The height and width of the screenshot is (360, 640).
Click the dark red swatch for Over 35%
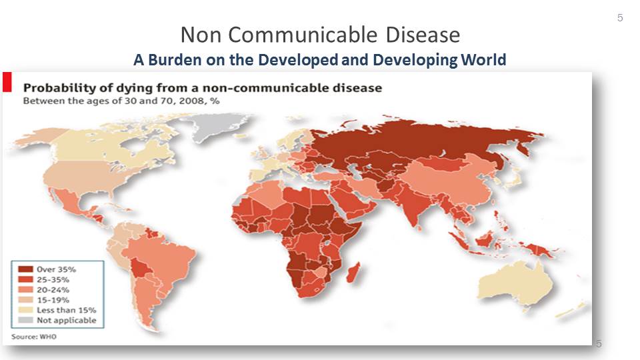coord(25,269)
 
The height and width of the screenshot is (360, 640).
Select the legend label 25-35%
coord(53,279)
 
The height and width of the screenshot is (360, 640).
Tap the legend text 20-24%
coord(53,290)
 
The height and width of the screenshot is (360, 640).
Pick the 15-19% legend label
coord(53,300)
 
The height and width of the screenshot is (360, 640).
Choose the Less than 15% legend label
coord(67,310)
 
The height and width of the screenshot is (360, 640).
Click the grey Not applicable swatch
coord(25,320)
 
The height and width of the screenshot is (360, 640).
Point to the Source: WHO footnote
coord(34,337)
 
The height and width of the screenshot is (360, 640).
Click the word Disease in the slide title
coord(423,35)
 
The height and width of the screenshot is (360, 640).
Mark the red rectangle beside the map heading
coord(7,82)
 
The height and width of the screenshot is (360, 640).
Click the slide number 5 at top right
coord(620,17)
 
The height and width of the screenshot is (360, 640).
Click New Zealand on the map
coord(575,309)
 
